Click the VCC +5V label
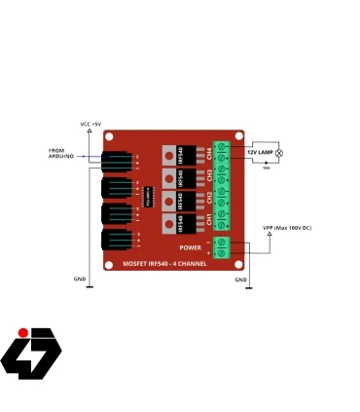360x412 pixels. tap(89, 125)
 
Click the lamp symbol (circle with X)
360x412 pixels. tap(279, 153)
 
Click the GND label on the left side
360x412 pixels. tap(80, 279)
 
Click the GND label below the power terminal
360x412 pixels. tap(241, 280)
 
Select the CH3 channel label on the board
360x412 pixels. tap(209, 175)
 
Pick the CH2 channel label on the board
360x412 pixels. tap(209, 199)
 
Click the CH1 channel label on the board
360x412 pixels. tap(209, 222)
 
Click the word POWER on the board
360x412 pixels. tap(190, 247)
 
